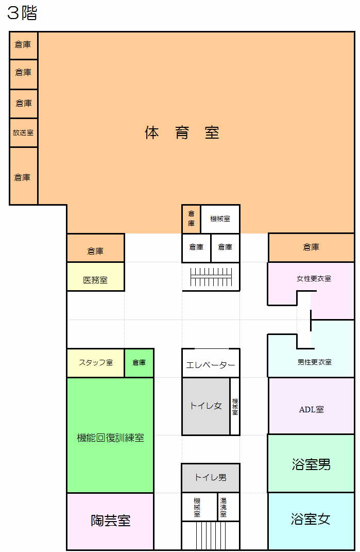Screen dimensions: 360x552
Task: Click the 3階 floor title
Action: [22, 13]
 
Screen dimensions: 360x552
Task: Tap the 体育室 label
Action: [182, 133]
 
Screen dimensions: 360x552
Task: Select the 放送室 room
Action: [24, 133]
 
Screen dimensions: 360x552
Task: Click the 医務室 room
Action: [96, 277]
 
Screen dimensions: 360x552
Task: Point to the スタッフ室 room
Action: [96, 363]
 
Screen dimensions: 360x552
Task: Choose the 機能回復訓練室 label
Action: [111, 438]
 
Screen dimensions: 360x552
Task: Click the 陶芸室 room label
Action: [111, 521]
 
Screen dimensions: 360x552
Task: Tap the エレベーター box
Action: [211, 363]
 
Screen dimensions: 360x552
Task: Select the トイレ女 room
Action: [206, 406]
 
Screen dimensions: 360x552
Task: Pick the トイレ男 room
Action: [211, 478]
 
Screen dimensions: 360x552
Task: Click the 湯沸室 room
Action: [229, 507]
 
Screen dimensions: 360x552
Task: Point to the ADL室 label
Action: [312, 409]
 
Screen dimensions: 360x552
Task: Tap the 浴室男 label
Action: [312, 464]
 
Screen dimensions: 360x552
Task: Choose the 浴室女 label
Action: [311, 519]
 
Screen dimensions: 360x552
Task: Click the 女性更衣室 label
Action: [314, 278]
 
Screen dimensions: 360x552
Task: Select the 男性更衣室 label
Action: [315, 362]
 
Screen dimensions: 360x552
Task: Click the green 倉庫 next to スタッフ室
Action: [139, 363]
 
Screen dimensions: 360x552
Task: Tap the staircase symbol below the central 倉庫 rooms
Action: [211, 277]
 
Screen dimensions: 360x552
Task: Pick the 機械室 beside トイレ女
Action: [235, 406]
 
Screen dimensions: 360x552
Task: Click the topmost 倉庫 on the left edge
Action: [24, 45]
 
